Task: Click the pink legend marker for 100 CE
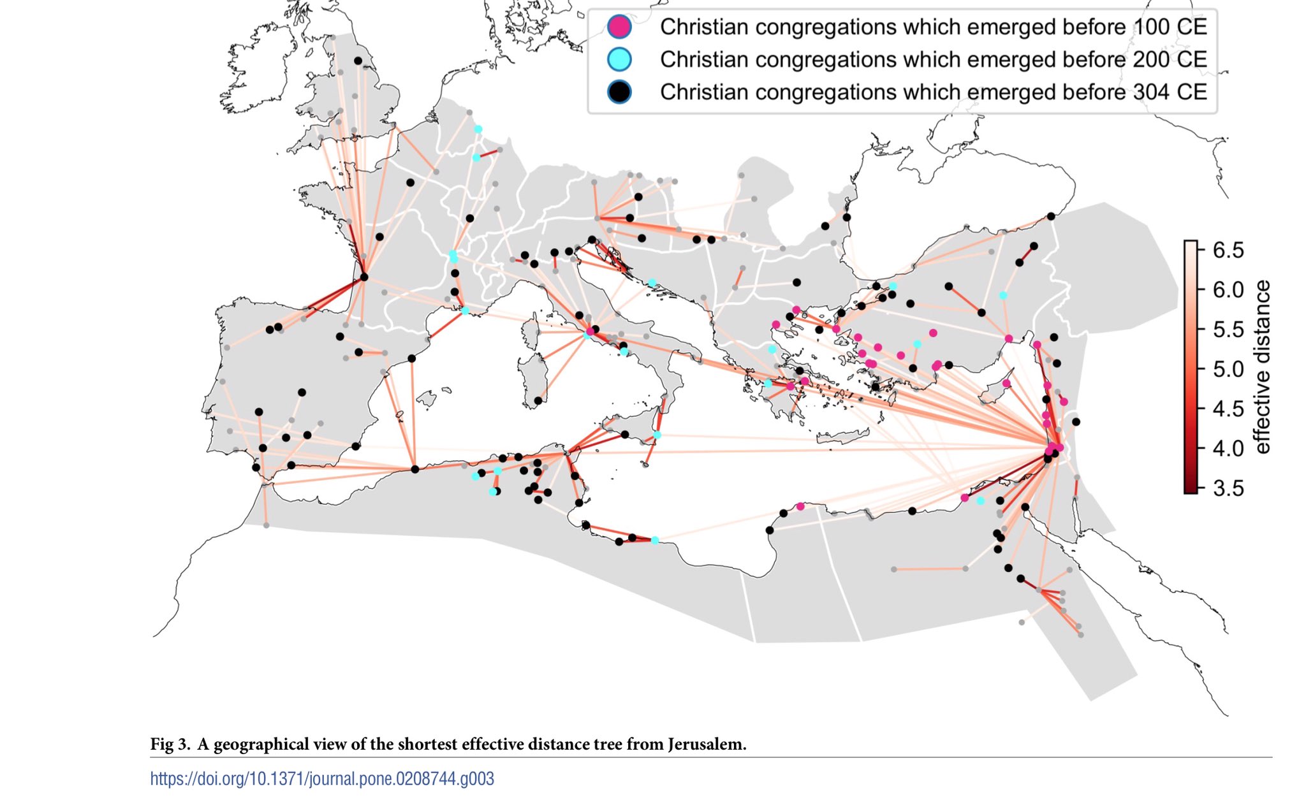pos(619,27)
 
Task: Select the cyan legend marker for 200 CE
pos(619,59)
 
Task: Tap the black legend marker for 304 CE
pos(619,92)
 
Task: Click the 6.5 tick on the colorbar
pos(1228,250)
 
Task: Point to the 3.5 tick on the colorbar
pos(1228,488)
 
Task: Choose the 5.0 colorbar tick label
pos(1228,369)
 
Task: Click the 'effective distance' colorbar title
pos(1262,367)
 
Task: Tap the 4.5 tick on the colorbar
pos(1228,409)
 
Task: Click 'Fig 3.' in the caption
pos(170,744)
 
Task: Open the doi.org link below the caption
pos(322,778)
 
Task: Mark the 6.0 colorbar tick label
pos(1228,289)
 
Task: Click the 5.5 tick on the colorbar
pos(1228,330)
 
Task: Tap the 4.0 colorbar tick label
pos(1228,448)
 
